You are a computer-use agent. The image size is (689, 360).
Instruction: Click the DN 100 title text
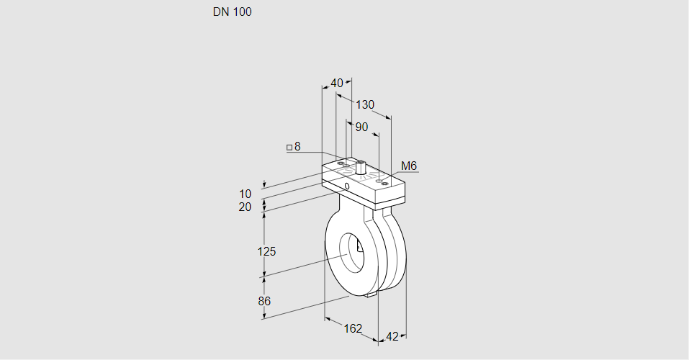[232, 12]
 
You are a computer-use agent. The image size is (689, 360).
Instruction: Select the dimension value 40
[337, 83]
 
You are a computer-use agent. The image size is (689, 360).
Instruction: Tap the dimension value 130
[365, 105]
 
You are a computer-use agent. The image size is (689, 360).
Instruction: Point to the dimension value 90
[361, 127]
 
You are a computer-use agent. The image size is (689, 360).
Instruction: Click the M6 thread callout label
[409, 166]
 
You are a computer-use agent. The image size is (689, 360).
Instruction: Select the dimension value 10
[246, 194]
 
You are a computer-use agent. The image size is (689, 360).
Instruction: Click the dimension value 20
[246, 207]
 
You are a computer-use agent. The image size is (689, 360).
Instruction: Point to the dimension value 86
[264, 301]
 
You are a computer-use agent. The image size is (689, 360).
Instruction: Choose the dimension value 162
[352, 329]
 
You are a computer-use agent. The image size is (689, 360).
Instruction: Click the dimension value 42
[392, 336]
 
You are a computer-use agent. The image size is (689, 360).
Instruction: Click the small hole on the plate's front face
[348, 186]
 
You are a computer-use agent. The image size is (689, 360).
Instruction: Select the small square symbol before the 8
[289, 148]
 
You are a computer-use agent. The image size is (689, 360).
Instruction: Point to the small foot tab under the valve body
[371, 294]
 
